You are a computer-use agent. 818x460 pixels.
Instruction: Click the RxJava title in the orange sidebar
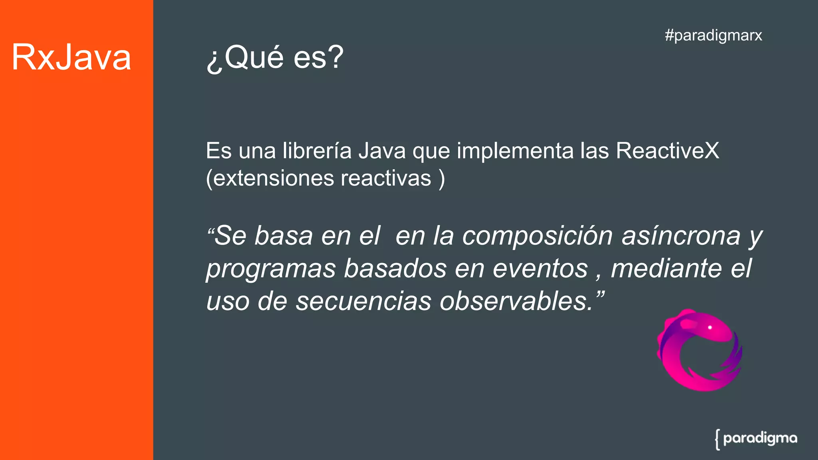click(x=71, y=57)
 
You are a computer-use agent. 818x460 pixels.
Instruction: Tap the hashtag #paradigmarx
click(x=713, y=36)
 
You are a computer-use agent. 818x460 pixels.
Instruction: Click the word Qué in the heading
click(x=254, y=57)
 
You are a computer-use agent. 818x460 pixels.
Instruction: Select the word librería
click(x=317, y=151)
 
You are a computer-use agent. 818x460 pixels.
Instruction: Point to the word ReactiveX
click(x=667, y=151)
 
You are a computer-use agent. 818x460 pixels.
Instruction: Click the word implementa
click(x=515, y=151)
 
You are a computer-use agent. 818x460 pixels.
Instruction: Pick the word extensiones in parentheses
click(x=273, y=178)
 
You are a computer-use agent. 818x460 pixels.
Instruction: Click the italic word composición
click(x=537, y=236)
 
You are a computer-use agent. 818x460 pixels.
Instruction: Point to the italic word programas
click(x=271, y=269)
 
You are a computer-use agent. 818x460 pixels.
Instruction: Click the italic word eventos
click(x=540, y=268)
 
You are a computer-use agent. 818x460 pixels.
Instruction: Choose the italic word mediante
click(x=666, y=268)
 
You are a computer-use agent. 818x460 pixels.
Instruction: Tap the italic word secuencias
click(x=363, y=301)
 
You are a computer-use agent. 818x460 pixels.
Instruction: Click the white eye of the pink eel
click(x=710, y=327)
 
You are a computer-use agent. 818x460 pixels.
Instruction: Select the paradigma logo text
click(x=760, y=438)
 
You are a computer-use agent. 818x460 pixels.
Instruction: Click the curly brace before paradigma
click(x=717, y=440)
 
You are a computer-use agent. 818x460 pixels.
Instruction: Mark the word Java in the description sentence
click(x=382, y=151)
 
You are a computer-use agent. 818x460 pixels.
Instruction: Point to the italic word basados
click(x=395, y=268)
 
